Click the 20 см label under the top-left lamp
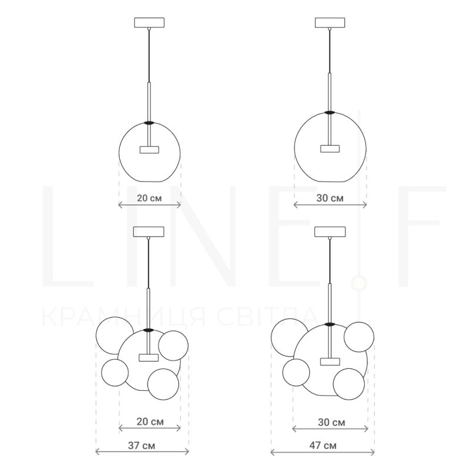(149, 198)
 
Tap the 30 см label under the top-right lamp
(330, 198)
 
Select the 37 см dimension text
(142, 445)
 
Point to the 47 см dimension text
(323, 445)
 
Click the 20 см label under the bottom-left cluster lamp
(150, 422)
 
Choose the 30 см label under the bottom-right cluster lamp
(331, 422)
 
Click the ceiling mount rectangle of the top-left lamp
(149, 22)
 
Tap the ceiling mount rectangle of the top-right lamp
(330, 22)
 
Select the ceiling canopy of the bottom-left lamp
(149, 231)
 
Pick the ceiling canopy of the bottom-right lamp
(330, 231)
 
